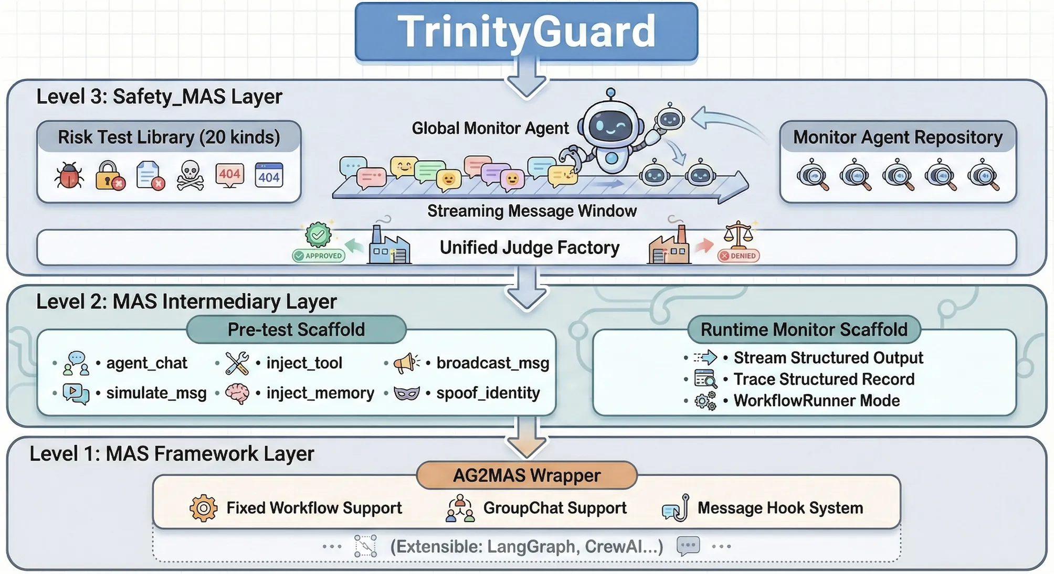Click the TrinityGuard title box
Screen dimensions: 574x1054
[526, 31]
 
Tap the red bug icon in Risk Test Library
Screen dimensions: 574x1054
[69, 175]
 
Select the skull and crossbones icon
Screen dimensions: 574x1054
[190, 175]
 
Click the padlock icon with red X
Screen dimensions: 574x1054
[110, 175]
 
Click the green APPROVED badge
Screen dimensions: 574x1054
[319, 256]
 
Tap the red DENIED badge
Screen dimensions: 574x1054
[739, 256]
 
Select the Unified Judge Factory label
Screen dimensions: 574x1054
[529, 248]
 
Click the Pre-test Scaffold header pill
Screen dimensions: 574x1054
[296, 329]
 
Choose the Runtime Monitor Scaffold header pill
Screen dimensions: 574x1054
[804, 329]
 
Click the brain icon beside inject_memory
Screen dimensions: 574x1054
[237, 393]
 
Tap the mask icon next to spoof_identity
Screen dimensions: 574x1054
[407, 393]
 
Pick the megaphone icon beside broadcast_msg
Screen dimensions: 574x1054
[406, 363]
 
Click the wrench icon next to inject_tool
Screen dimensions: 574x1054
[237, 363]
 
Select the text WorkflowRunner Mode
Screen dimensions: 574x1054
[816, 401]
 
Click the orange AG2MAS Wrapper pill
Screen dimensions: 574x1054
[526, 475]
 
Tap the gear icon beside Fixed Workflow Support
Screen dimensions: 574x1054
[203, 508]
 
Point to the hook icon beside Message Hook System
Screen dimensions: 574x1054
[676, 508]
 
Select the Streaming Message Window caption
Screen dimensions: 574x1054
[532, 211]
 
